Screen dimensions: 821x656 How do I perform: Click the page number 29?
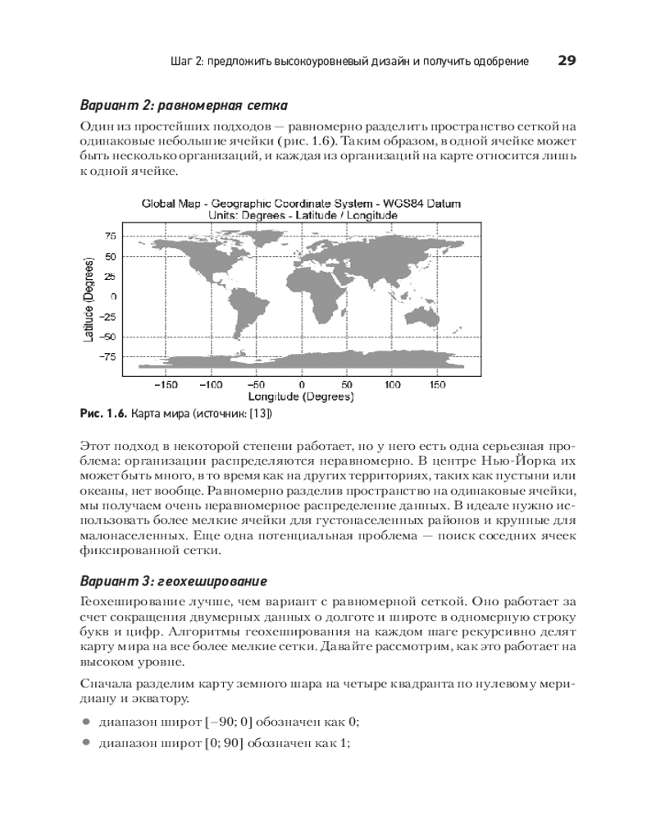567,61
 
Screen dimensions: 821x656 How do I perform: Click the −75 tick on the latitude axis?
106,356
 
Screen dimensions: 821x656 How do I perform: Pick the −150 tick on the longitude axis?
166,384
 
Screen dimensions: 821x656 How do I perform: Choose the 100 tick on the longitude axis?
392,384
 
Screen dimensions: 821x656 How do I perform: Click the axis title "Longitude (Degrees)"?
301,397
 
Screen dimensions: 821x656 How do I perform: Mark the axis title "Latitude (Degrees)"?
89,296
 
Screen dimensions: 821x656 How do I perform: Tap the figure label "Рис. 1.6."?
103,414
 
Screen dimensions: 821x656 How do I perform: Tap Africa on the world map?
321,287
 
